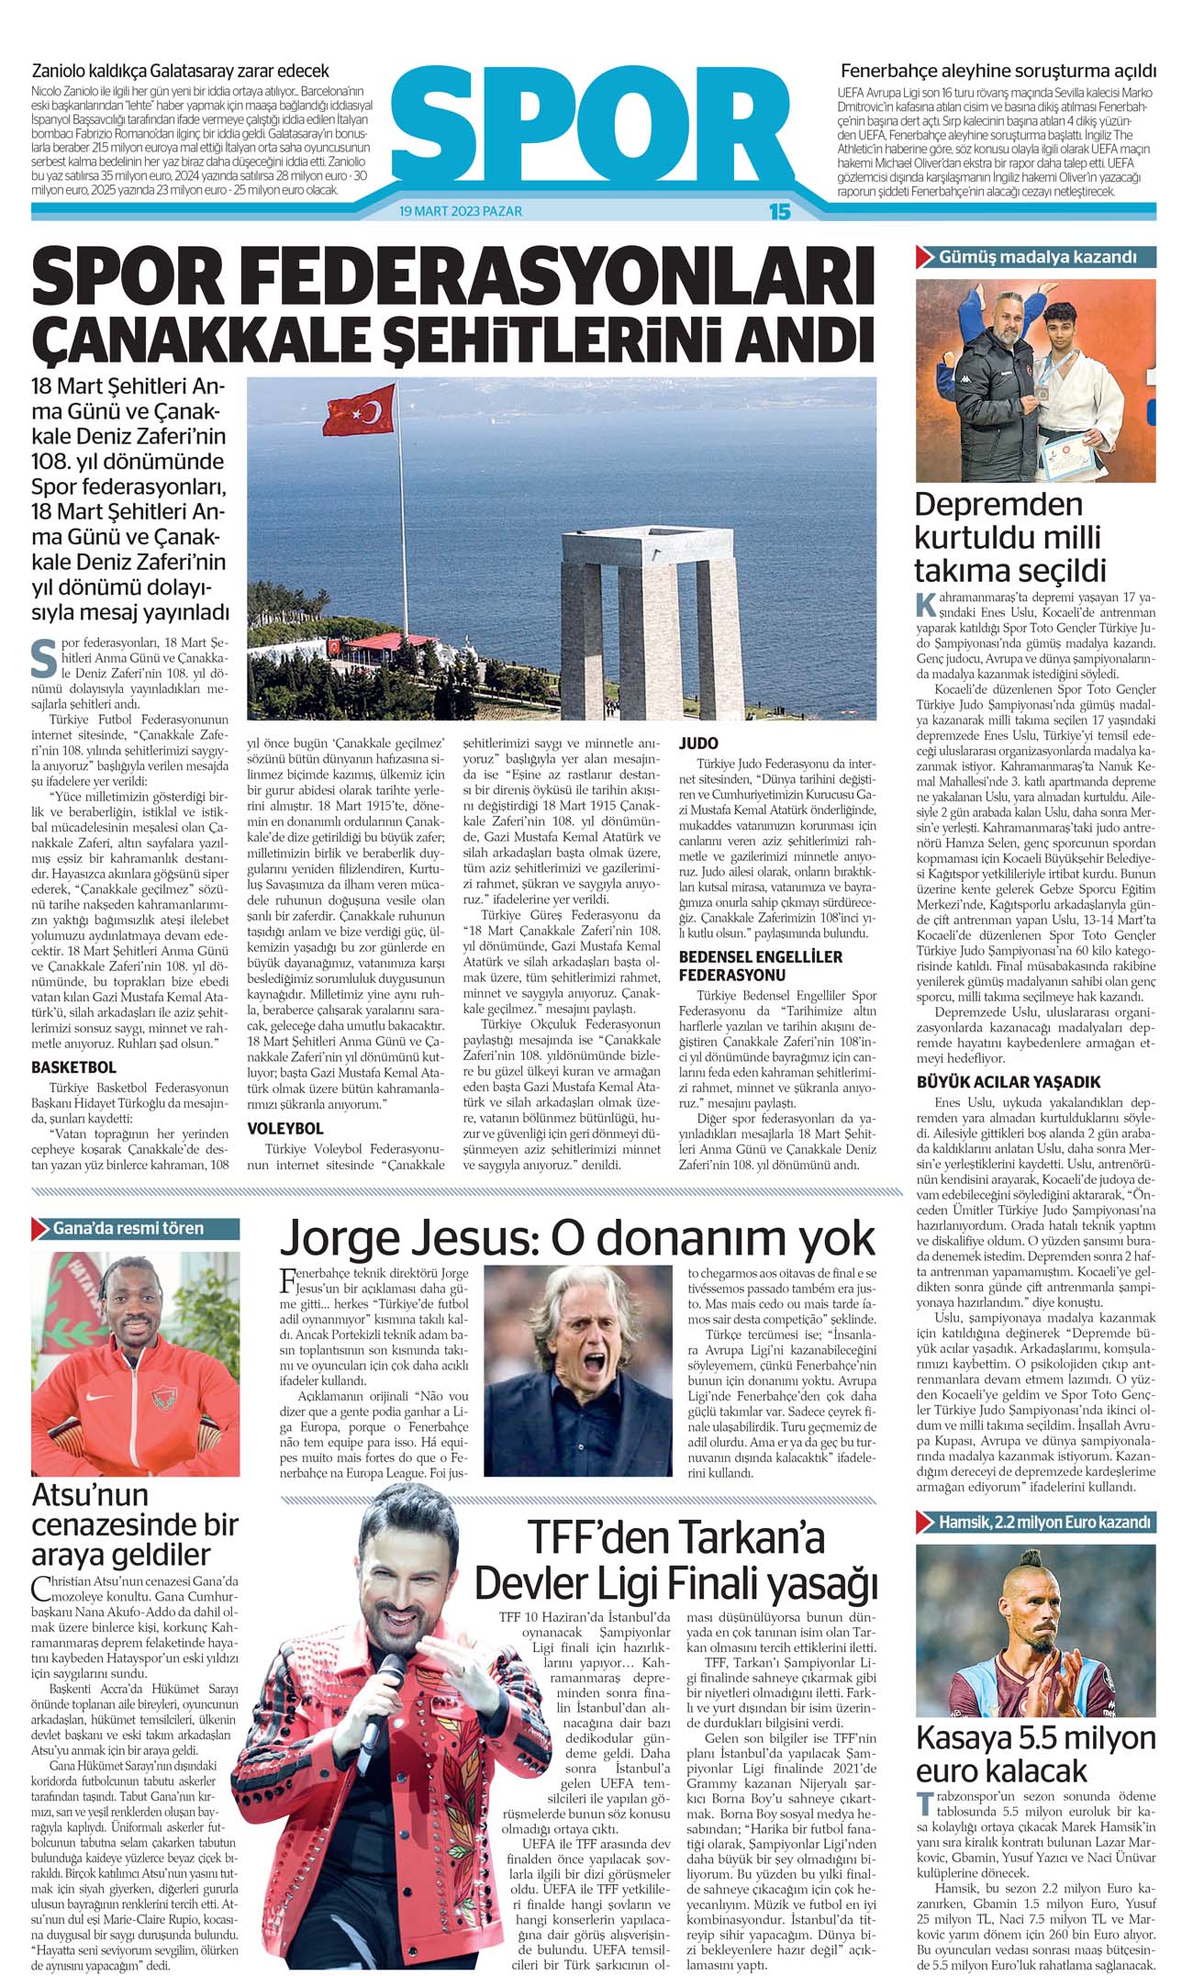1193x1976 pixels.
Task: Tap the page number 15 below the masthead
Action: (779, 211)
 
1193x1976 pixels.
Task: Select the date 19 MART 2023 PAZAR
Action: (461, 211)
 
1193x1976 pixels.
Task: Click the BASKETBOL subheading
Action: (73, 1067)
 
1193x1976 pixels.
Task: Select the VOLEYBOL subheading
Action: (285, 1129)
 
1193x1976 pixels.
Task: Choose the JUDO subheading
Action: (698, 743)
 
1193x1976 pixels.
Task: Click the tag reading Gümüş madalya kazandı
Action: (1037, 257)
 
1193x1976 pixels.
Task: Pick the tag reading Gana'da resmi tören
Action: (128, 1228)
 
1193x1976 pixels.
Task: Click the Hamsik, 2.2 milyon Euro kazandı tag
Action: (1043, 1523)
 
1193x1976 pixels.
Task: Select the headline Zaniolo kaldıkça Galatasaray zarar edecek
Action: (180, 71)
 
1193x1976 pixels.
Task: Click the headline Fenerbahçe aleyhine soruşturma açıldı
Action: (998, 71)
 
